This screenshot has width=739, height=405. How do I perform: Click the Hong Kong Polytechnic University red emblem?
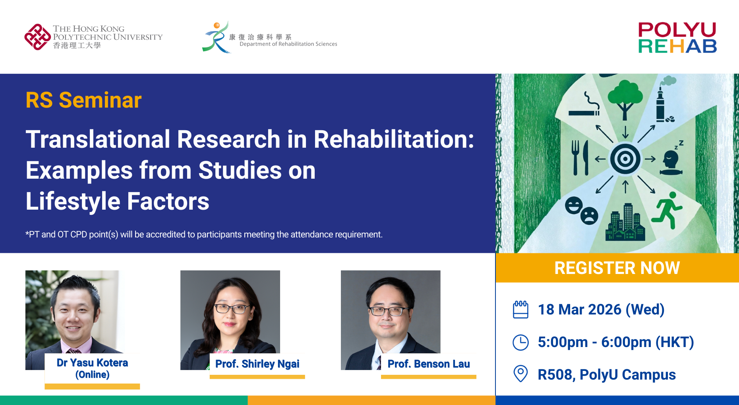tap(37, 37)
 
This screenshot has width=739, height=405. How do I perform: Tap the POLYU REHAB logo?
tap(677, 38)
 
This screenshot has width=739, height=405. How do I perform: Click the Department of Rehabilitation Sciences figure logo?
tap(216, 37)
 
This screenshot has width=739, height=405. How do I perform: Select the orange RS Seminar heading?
tap(83, 100)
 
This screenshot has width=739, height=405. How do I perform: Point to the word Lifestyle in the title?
tap(73, 201)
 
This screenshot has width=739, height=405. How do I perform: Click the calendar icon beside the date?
tap(520, 310)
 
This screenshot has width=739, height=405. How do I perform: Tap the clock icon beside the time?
tap(520, 342)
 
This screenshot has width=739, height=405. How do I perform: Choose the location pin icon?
tap(520, 374)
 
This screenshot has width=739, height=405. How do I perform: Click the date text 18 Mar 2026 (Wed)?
tap(601, 310)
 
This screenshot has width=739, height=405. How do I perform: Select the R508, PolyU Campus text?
tap(607, 375)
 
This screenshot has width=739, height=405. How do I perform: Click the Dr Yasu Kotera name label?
tap(92, 368)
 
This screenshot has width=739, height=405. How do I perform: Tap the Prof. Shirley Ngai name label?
tap(257, 364)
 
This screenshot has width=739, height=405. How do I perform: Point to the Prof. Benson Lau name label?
tap(429, 364)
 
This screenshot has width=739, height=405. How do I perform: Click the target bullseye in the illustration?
tap(625, 159)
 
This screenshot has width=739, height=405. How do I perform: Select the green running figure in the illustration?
tap(667, 210)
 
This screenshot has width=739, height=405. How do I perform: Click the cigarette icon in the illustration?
tap(584, 105)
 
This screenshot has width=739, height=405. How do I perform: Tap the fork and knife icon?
tap(580, 158)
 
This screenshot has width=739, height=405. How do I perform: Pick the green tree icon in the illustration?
tap(625, 100)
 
